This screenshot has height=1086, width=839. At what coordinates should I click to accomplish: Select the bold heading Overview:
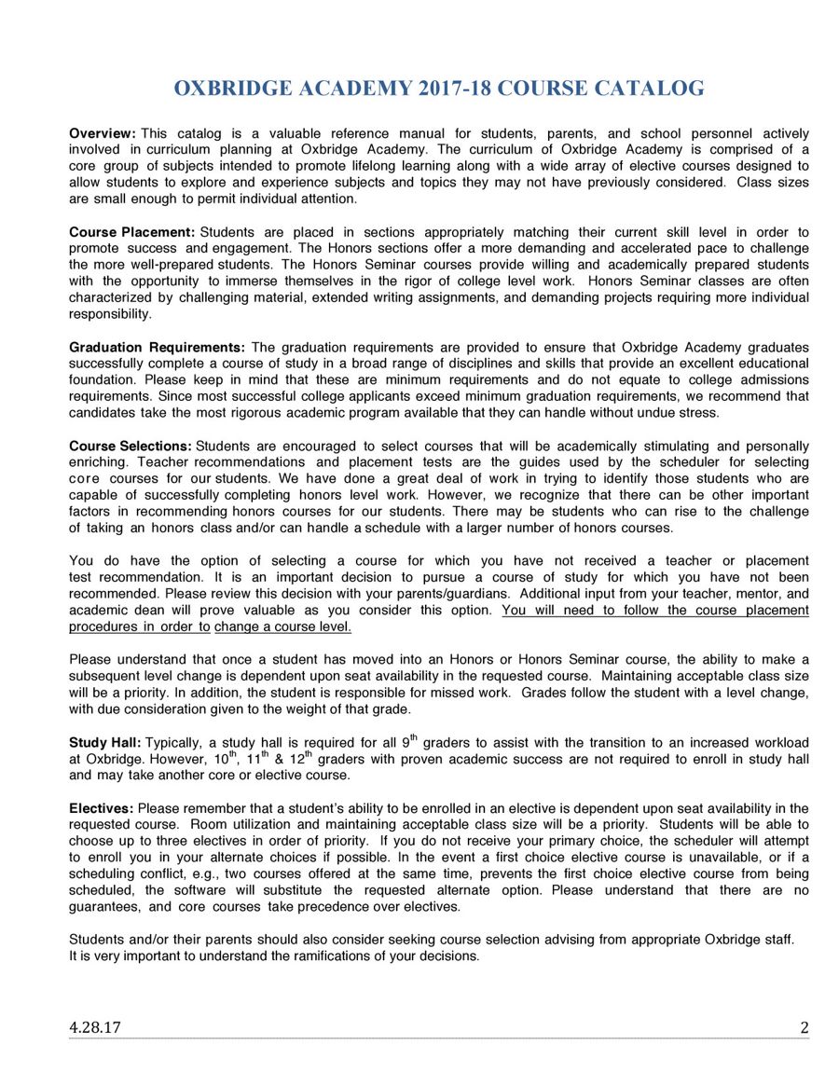pos(103,134)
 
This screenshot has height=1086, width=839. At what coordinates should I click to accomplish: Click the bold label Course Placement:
pos(131,232)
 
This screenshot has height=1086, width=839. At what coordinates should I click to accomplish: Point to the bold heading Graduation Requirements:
pos(157,348)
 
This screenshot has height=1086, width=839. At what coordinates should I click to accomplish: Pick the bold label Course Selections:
pos(131,447)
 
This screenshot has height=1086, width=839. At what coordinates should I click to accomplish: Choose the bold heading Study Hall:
pos(105,743)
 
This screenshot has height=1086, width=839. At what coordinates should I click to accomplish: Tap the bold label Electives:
pos(101,808)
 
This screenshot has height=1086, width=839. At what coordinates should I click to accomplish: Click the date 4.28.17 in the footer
pos(94,1028)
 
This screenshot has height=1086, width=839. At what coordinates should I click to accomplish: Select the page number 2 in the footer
pos(804,1028)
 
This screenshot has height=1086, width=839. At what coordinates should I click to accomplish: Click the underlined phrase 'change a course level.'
pos(282,627)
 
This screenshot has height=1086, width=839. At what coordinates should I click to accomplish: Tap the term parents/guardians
pos(453,594)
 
